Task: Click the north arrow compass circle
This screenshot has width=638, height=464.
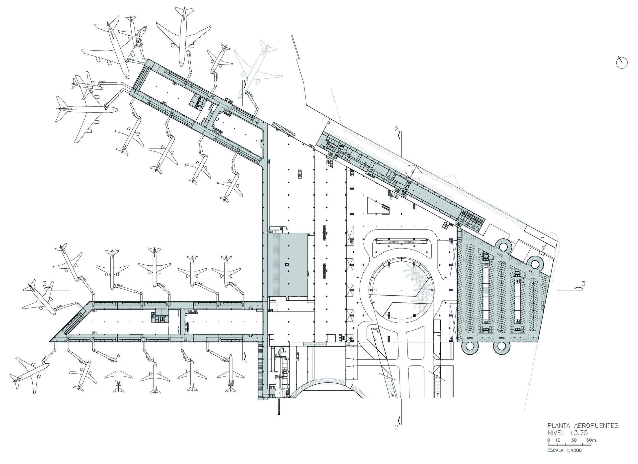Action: tap(622, 63)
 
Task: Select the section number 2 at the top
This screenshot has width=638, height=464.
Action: tap(397, 129)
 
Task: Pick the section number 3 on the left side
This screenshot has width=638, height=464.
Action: tap(45, 284)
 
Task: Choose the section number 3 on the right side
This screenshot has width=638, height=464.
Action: tap(583, 284)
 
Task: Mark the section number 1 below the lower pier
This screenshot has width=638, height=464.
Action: tap(246, 363)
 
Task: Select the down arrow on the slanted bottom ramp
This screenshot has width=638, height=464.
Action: tap(392, 395)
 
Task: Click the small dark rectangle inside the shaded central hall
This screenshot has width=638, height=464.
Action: tap(287, 264)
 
